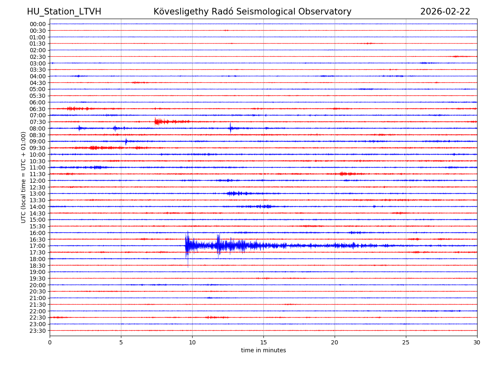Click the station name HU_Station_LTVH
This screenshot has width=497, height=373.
click(64, 12)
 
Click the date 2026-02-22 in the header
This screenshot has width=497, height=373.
click(445, 12)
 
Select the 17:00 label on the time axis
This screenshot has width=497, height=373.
click(38, 246)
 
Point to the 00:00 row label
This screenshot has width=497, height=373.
click(38, 24)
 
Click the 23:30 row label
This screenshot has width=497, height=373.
click(38, 331)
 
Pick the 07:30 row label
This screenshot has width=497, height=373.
click(38, 122)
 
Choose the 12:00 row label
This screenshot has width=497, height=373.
click(38, 181)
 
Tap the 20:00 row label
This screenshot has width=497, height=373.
click(38, 285)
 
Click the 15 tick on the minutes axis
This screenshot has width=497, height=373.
click(263, 343)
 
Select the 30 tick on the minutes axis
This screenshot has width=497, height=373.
click(477, 343)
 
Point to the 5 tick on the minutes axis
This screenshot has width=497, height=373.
click(121, 343)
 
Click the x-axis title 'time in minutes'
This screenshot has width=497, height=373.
click(263, 350)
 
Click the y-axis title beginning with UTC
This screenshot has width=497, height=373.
click(24, 177)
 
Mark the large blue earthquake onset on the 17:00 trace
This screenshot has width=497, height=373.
click(186, 246)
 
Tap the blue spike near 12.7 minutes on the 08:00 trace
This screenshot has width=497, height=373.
click(230, 128)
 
